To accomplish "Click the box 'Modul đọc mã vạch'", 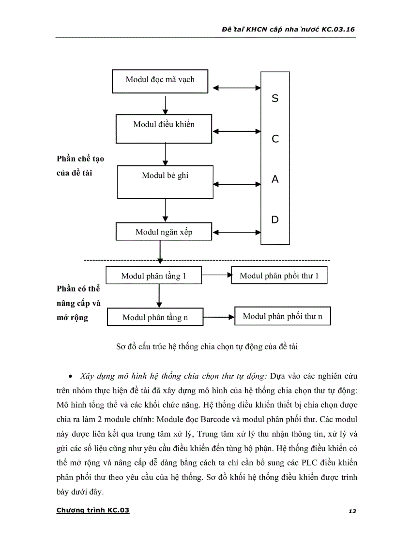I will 160,80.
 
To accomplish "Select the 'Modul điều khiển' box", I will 164,128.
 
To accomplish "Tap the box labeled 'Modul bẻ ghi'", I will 165,181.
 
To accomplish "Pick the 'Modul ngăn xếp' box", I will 164,232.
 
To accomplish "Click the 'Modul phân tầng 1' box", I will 153,276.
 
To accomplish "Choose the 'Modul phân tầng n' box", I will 155,317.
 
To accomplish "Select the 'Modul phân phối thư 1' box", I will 279,276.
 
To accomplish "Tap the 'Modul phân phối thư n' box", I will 282,316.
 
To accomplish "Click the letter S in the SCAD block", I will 275,99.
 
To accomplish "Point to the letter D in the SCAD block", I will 275,220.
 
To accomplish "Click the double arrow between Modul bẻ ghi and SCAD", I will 237,184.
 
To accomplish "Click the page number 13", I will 352,511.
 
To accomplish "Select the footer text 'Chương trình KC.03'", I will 93,510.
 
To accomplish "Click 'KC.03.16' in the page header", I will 339,29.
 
